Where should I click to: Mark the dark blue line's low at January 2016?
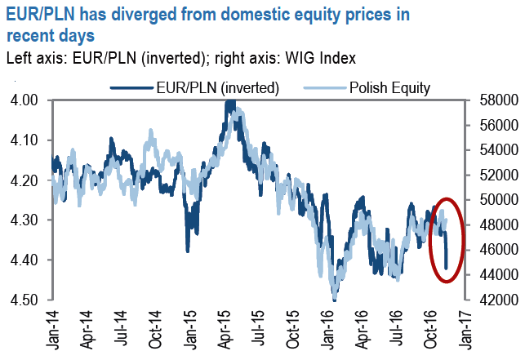pos(335,299)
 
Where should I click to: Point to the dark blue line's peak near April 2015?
pos(230,101)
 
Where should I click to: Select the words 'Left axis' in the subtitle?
pos(32,58)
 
